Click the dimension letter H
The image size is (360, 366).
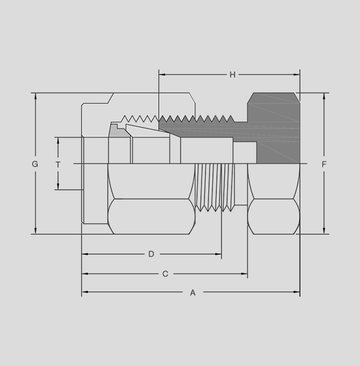(232, 74)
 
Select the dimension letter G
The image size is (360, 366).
(35, 164)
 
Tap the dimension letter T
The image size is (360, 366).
(58, 165)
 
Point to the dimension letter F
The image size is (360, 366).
(324, 164)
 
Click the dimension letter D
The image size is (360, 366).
(151, 254)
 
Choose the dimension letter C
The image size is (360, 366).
(165, 274)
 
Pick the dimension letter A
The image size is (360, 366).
(192, 293)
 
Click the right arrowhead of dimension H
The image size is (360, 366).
(296, 74)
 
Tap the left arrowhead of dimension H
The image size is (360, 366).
(162, 74)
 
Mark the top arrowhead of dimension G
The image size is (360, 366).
(35, 96)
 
